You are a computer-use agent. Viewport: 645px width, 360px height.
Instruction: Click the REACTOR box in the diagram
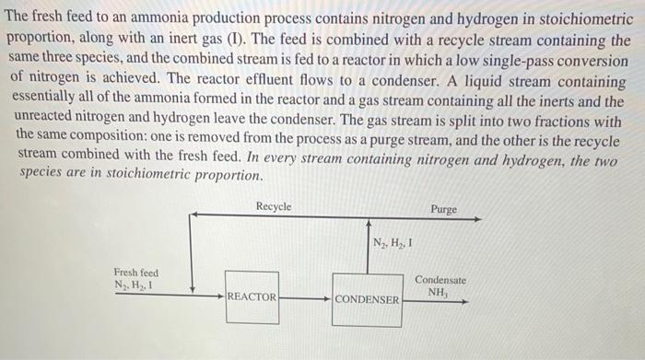[252, 296]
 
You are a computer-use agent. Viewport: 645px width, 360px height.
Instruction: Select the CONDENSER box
[367, 299]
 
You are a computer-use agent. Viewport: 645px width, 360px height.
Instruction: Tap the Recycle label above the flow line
[274, 206]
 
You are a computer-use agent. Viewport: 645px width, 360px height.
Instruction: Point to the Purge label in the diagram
[443, 209]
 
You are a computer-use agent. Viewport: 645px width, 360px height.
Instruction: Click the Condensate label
[440, 279]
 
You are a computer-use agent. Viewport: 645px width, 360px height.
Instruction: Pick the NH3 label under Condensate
[439, 292]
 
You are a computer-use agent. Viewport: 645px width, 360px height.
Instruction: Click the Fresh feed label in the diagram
[135, 273]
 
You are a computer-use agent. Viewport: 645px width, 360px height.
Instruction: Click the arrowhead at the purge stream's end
[476, 219]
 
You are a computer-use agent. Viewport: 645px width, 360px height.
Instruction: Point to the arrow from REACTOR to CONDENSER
[304, 298]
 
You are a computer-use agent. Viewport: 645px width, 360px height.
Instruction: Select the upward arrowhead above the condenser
[368, 224]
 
